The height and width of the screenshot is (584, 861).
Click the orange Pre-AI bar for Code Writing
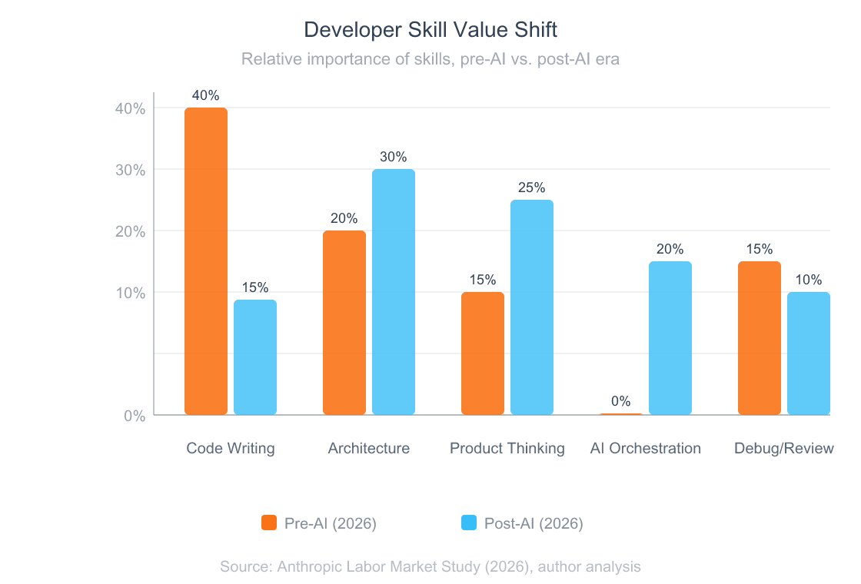pos(206,261)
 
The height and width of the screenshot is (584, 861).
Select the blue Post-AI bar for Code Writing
pos(255,357)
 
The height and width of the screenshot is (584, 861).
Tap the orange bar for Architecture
pos(344,323)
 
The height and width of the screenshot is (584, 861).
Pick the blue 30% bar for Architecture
pos(394,292)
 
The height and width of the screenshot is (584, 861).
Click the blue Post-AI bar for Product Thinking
pos(532,307)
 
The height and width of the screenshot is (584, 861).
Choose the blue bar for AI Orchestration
pos(670,338)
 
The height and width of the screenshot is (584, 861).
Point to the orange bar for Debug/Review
pos(760,338)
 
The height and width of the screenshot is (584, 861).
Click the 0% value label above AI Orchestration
pos(621,401)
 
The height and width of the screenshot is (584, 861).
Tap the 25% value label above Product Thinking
pos(532,187)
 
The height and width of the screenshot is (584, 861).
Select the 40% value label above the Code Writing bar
pos(206,95)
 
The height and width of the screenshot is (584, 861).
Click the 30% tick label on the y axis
pos(130,170)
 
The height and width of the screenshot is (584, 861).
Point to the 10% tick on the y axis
pos(130,293)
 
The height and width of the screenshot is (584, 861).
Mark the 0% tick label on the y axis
pos(135,416)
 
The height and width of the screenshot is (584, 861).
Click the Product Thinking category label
pos(507,448)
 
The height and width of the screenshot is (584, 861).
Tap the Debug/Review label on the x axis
pos(783,448)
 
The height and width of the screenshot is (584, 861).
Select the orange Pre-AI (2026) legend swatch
pos(269,523)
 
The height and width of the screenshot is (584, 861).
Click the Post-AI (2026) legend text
pos(534,523)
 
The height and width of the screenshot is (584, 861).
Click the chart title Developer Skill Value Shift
pos(430,30)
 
